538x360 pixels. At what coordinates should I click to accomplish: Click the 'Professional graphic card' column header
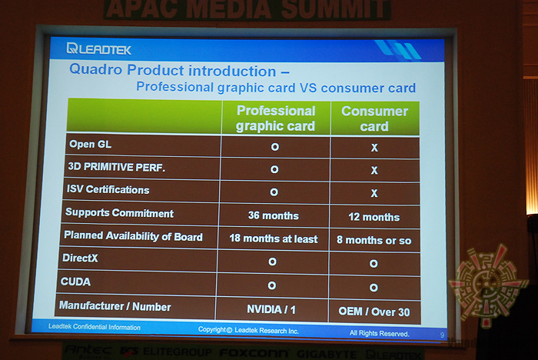275,118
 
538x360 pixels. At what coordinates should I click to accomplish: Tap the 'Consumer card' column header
374,118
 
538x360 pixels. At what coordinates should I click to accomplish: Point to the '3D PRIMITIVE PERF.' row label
116,166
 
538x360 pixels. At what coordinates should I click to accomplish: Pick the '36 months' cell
274,215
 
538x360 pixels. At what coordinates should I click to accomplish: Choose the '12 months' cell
374,216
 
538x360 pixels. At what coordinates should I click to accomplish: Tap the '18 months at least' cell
274,238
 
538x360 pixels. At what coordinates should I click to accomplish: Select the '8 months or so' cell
374,239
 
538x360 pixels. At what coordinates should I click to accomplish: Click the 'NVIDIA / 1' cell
274,310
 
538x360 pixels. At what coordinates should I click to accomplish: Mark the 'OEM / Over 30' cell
374,311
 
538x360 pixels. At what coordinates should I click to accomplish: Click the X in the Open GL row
374,147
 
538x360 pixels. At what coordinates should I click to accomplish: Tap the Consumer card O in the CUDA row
374,287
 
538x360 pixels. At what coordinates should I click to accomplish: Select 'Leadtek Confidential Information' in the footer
95,328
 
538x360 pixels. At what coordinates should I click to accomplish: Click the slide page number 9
442,335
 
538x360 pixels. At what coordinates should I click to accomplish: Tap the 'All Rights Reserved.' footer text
380,334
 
